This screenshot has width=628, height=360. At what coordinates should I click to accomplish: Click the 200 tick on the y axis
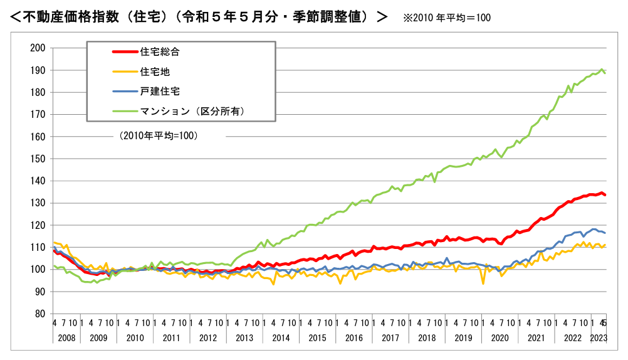coord(38,48)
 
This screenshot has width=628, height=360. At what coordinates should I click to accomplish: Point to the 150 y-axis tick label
coord(38,159)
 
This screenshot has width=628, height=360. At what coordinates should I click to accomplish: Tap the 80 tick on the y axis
coord(41,314)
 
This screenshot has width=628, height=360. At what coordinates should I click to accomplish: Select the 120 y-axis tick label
coord(38,225)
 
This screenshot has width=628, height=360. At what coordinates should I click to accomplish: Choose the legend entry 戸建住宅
coord(160,91)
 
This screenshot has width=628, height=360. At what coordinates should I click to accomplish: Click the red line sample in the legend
coord(124,52)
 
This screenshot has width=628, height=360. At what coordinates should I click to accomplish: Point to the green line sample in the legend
coord(124,111)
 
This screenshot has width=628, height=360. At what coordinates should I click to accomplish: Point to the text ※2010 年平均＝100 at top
coord(447,18)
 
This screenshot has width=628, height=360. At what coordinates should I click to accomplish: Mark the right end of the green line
coord(605,73)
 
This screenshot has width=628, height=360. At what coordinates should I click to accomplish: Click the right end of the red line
coord(605,195)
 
